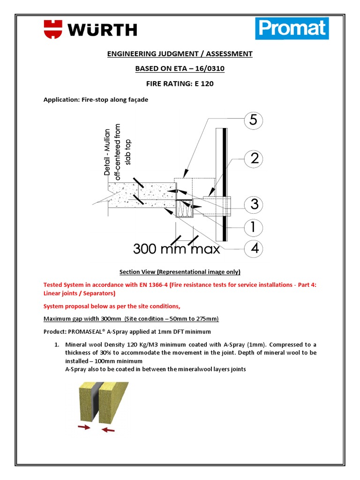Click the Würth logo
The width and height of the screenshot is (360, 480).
(90, 29)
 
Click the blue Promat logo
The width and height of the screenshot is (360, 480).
(292, 29)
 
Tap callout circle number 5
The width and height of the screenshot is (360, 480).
(254, 121)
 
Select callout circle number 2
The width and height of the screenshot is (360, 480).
(254, 158)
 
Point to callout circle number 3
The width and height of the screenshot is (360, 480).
(254, 204)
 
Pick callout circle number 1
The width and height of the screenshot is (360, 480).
(254, 227)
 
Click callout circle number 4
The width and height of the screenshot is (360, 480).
(254, 248)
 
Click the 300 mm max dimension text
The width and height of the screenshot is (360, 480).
(176, 248)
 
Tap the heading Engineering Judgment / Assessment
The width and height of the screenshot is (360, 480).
(180, 54)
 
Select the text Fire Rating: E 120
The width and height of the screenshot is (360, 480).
(180, 84)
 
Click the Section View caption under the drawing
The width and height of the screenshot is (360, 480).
(180, 272)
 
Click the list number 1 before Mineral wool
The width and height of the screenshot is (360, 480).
(57, 345)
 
